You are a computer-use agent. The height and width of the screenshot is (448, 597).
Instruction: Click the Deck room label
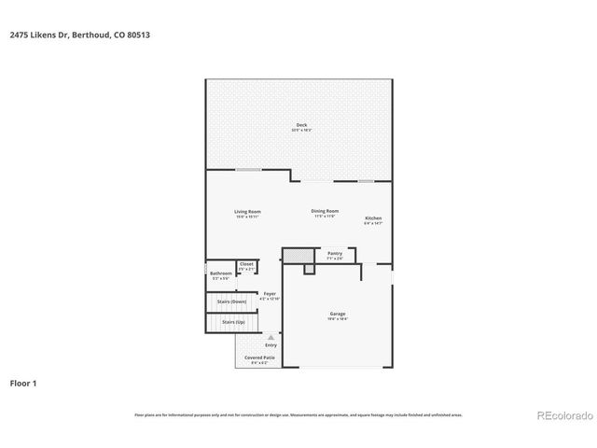[x=301, y=124]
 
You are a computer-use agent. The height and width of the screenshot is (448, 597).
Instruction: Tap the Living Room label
[x=247, y=212]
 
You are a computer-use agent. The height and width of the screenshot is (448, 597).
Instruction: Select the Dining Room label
[x=325, y=211]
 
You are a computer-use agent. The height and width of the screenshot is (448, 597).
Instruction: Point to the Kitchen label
[x=373, y=218]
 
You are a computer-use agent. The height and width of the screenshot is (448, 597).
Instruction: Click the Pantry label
[x=335, y=252]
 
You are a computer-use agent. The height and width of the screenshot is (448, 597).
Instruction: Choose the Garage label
[x=337, y=313]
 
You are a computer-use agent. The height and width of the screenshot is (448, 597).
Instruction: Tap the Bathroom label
[x=221, y=273]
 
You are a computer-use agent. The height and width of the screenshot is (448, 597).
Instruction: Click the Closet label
[x=247, y=264]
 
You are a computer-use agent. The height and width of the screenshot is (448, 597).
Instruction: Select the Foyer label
[x=269, y=294]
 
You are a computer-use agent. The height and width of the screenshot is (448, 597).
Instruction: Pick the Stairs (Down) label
[x=231, y=301]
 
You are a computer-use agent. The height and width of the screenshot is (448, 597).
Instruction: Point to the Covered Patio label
[x=258, y=357]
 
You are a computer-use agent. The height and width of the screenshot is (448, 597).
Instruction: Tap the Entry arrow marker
[x=271, y=338]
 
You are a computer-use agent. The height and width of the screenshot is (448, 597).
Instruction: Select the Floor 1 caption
[x=24, y=383]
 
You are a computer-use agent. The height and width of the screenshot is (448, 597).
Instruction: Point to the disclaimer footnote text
[x=298, y=414]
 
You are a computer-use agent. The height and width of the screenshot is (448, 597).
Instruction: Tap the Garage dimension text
[x=337, y=319]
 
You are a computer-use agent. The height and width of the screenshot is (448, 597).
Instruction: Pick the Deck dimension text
[x=301, y=130]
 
